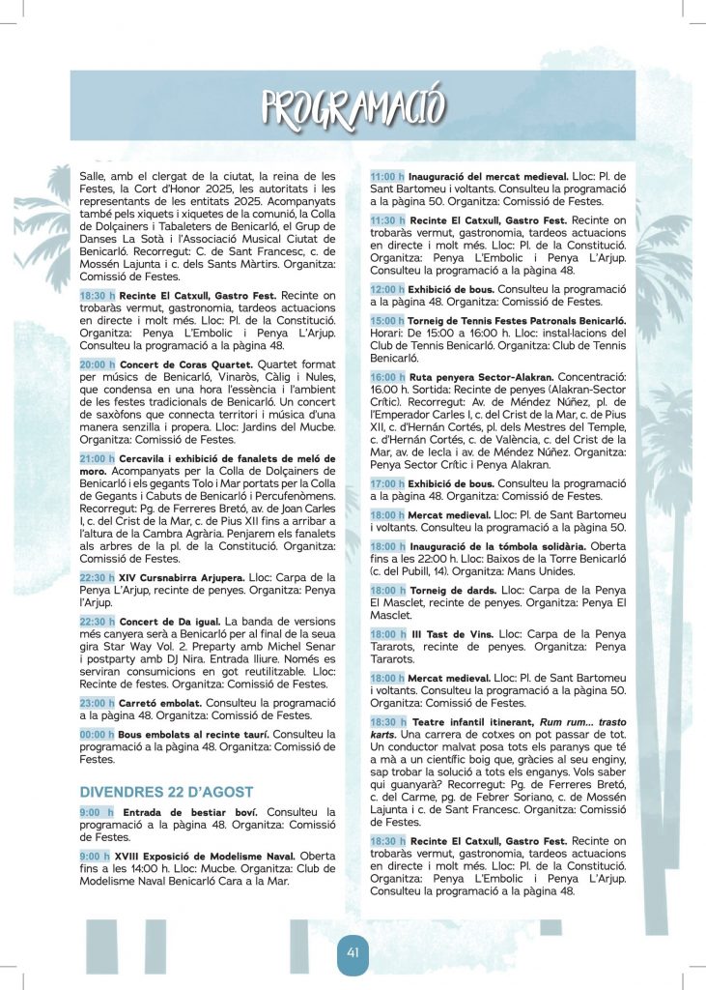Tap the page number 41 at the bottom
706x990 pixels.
353,953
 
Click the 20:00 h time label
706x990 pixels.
98,365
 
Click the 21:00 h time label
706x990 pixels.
98,457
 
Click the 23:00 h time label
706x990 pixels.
98,703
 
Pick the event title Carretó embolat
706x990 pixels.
159,703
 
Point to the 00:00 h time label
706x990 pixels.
98,735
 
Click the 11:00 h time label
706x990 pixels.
388,177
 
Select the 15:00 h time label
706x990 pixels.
388,320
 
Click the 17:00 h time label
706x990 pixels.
388,482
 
